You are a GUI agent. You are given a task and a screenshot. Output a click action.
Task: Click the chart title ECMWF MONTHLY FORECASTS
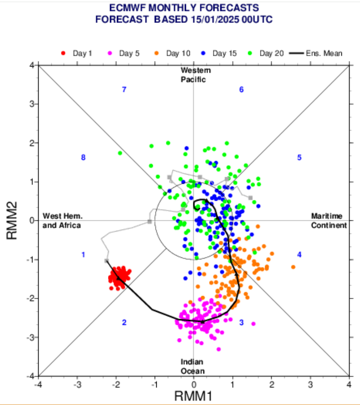point(184,8)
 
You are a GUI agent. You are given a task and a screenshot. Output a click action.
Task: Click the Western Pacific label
point(195,75)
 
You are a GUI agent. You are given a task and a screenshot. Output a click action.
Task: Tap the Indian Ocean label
point(192,366)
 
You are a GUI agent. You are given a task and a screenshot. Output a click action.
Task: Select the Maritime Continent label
point(329,221)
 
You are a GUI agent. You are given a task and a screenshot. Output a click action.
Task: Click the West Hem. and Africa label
point(61,221)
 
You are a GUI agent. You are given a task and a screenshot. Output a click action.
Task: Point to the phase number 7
point(124,89)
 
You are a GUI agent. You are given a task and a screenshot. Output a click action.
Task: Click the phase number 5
point(299,158)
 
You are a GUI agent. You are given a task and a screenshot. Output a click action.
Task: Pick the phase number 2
point(124,322)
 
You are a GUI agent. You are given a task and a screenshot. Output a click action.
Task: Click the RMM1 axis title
point(194,396)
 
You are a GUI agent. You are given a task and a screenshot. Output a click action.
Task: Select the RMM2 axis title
point(11,220)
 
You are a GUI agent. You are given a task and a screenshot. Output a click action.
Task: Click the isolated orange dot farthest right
point(293,267)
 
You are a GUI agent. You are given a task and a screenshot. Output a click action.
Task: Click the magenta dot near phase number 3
point(253,324)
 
